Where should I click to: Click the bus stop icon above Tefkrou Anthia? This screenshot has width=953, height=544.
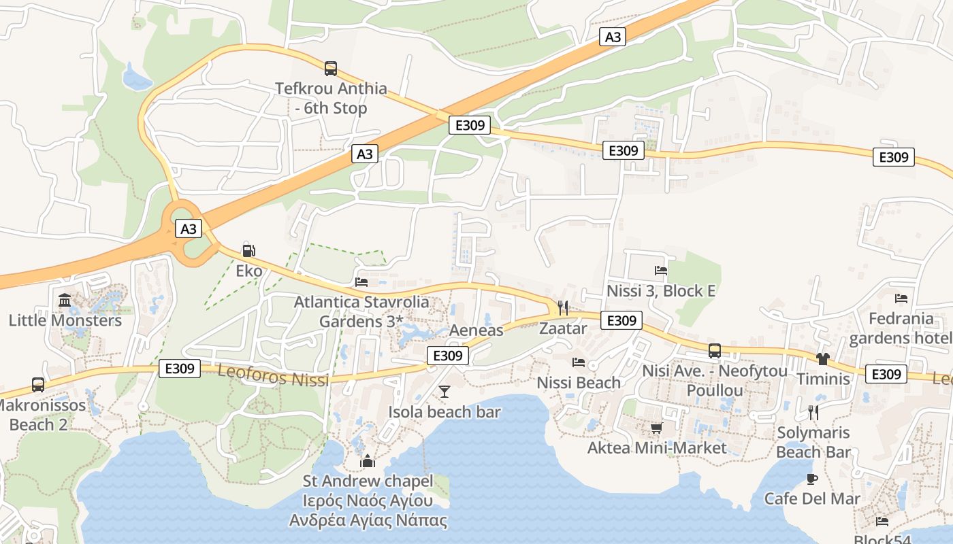[331, 68]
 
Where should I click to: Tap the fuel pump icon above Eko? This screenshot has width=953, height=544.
[248, 250]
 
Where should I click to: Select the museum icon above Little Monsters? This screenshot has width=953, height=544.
[65, 299]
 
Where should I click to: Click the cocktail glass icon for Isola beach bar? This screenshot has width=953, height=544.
[445, 391]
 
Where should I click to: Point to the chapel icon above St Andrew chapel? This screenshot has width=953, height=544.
[368, 461]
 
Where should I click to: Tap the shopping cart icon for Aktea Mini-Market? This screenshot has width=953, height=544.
[657, 428]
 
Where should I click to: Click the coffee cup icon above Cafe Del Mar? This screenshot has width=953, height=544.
[812, 479]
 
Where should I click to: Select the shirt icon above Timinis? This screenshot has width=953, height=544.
[823, 358]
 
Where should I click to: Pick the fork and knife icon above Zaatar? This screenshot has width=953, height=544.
[562, 308]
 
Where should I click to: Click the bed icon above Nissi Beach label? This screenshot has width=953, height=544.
[579, 362]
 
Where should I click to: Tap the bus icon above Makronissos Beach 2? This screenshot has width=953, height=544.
[38, 385]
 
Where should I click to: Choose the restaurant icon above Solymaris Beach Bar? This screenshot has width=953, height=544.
[813, 412]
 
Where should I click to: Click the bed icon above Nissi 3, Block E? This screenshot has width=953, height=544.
[660, 271]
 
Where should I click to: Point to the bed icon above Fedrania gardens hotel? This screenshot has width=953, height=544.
[901, 298]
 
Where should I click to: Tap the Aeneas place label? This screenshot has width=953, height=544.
[476, 330]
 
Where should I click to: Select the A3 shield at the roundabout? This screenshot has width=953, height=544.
[189, 228]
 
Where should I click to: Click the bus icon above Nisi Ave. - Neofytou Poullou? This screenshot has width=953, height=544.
[715, 351]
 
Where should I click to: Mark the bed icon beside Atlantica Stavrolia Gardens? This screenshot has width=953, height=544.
[361, 282]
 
